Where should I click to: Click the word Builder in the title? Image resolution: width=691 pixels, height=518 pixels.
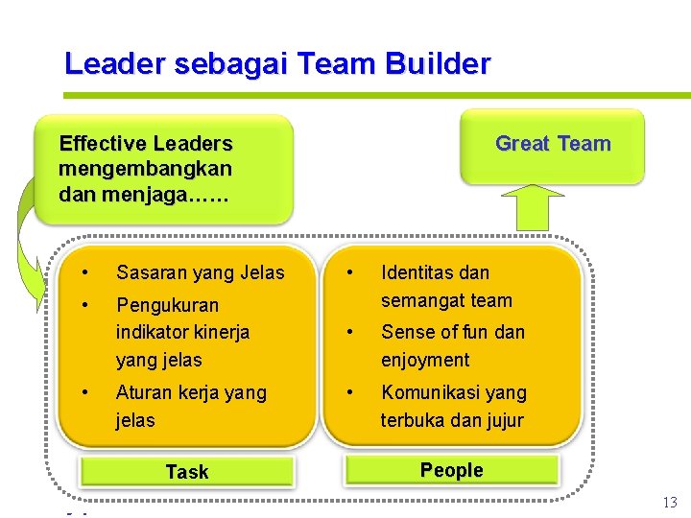438,64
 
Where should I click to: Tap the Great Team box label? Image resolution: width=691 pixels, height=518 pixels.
553,144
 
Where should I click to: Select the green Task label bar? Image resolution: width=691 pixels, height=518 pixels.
187,472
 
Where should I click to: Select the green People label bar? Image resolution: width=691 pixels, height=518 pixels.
451,470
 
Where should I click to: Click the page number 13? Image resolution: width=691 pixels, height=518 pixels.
669,503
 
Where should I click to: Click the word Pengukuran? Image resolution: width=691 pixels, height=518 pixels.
167,305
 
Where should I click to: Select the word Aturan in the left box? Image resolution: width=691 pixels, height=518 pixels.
144,392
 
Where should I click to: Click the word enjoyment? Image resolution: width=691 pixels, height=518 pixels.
425,361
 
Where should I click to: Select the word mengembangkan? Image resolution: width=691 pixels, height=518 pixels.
145,168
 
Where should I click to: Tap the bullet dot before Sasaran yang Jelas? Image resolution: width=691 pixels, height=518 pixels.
86,273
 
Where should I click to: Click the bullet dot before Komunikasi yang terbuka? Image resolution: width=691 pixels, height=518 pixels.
351,392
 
